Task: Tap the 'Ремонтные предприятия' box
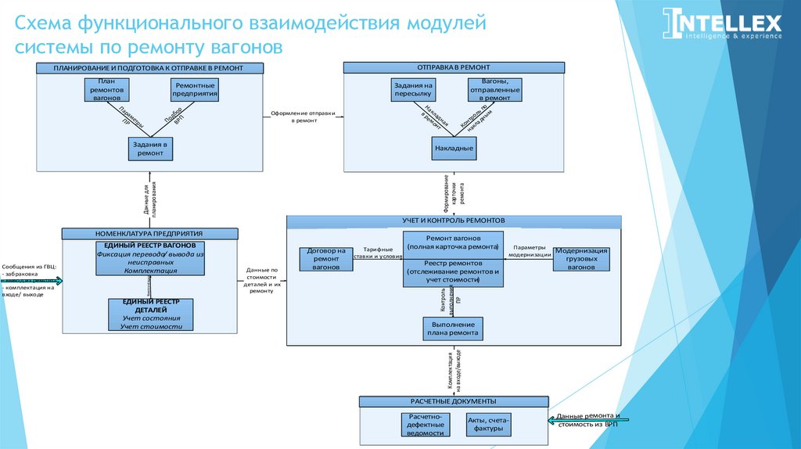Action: click(195, 90)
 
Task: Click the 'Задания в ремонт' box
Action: click(150, 149)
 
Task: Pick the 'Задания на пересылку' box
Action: click(413, 90)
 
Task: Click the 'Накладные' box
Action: click(454, 147)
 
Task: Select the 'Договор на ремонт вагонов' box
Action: click(326, 259)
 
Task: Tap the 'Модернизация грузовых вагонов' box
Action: click(581, 259)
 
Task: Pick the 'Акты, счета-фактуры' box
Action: click(489, 426)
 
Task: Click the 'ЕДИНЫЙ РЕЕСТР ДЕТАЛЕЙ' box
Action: click(150, 314)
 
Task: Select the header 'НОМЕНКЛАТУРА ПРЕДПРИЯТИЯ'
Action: click(149, 233)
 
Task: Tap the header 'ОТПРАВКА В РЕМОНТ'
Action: click(454, 68)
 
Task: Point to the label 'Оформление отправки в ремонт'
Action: click(304, 117)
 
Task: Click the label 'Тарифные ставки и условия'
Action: click(378, 252)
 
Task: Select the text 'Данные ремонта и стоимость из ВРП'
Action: click(588, 419)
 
